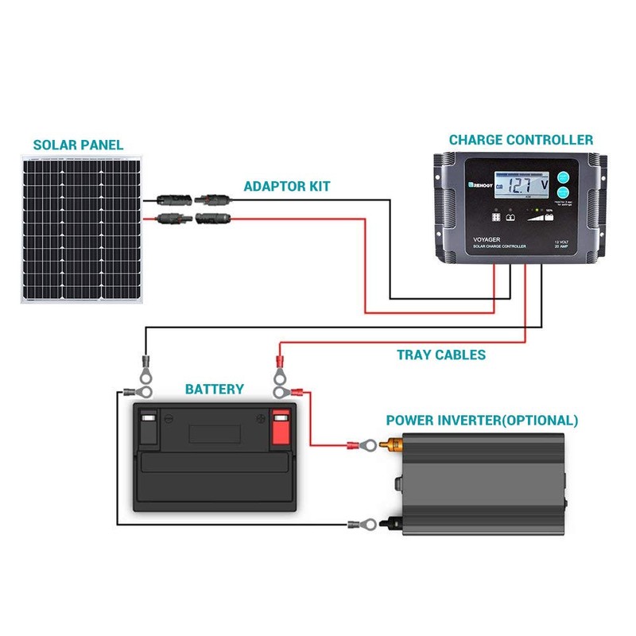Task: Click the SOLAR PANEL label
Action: tap(78, 145)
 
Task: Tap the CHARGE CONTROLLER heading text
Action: tap(521, 140)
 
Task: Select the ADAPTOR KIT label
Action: tap(287, 187)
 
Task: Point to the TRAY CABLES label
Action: tap(441, 355)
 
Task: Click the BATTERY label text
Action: tap(214, 390)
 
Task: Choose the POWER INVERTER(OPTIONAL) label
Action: tap(482, 420)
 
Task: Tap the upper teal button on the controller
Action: tap(564, 178)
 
